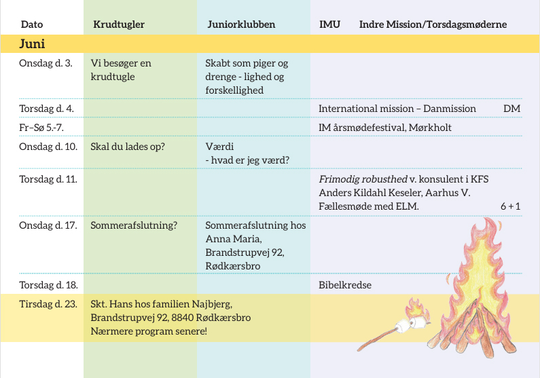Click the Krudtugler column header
point(119,24)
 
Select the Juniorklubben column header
point(241,24)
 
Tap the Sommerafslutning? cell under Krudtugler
point(134,225)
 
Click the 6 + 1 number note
point(510,206)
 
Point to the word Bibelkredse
point(345,285)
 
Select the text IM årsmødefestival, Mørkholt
point(385,128)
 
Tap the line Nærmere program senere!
point(149,331)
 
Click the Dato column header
point(32,24)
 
